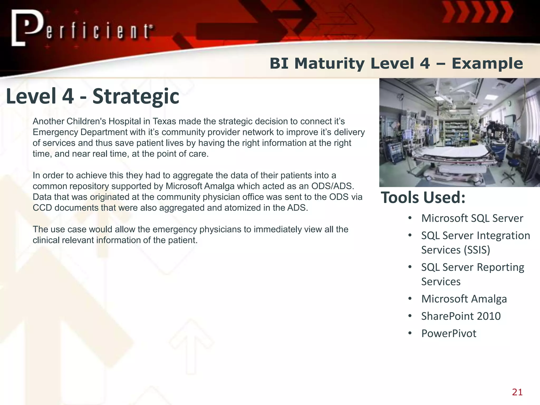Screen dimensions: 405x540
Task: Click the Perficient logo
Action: [x=82, y=28]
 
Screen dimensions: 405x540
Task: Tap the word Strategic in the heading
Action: [x=136, y=96]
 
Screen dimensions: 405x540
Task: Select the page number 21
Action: [x=517, y=392]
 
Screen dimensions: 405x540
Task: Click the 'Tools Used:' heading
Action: [x=423, y=197]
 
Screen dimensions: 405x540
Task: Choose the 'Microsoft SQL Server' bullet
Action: [x=472, y=218]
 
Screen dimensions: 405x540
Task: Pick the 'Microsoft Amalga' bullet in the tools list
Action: [x=464, y=299]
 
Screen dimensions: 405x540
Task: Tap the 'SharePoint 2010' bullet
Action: [x=461, y=316]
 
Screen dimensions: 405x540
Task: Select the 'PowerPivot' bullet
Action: [x=449, y=334]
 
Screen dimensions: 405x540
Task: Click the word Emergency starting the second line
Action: [x=55, y=132]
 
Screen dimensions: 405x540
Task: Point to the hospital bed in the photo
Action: [x=456, y=156]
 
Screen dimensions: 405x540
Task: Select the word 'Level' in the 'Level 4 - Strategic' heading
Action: [x=31, y=96]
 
